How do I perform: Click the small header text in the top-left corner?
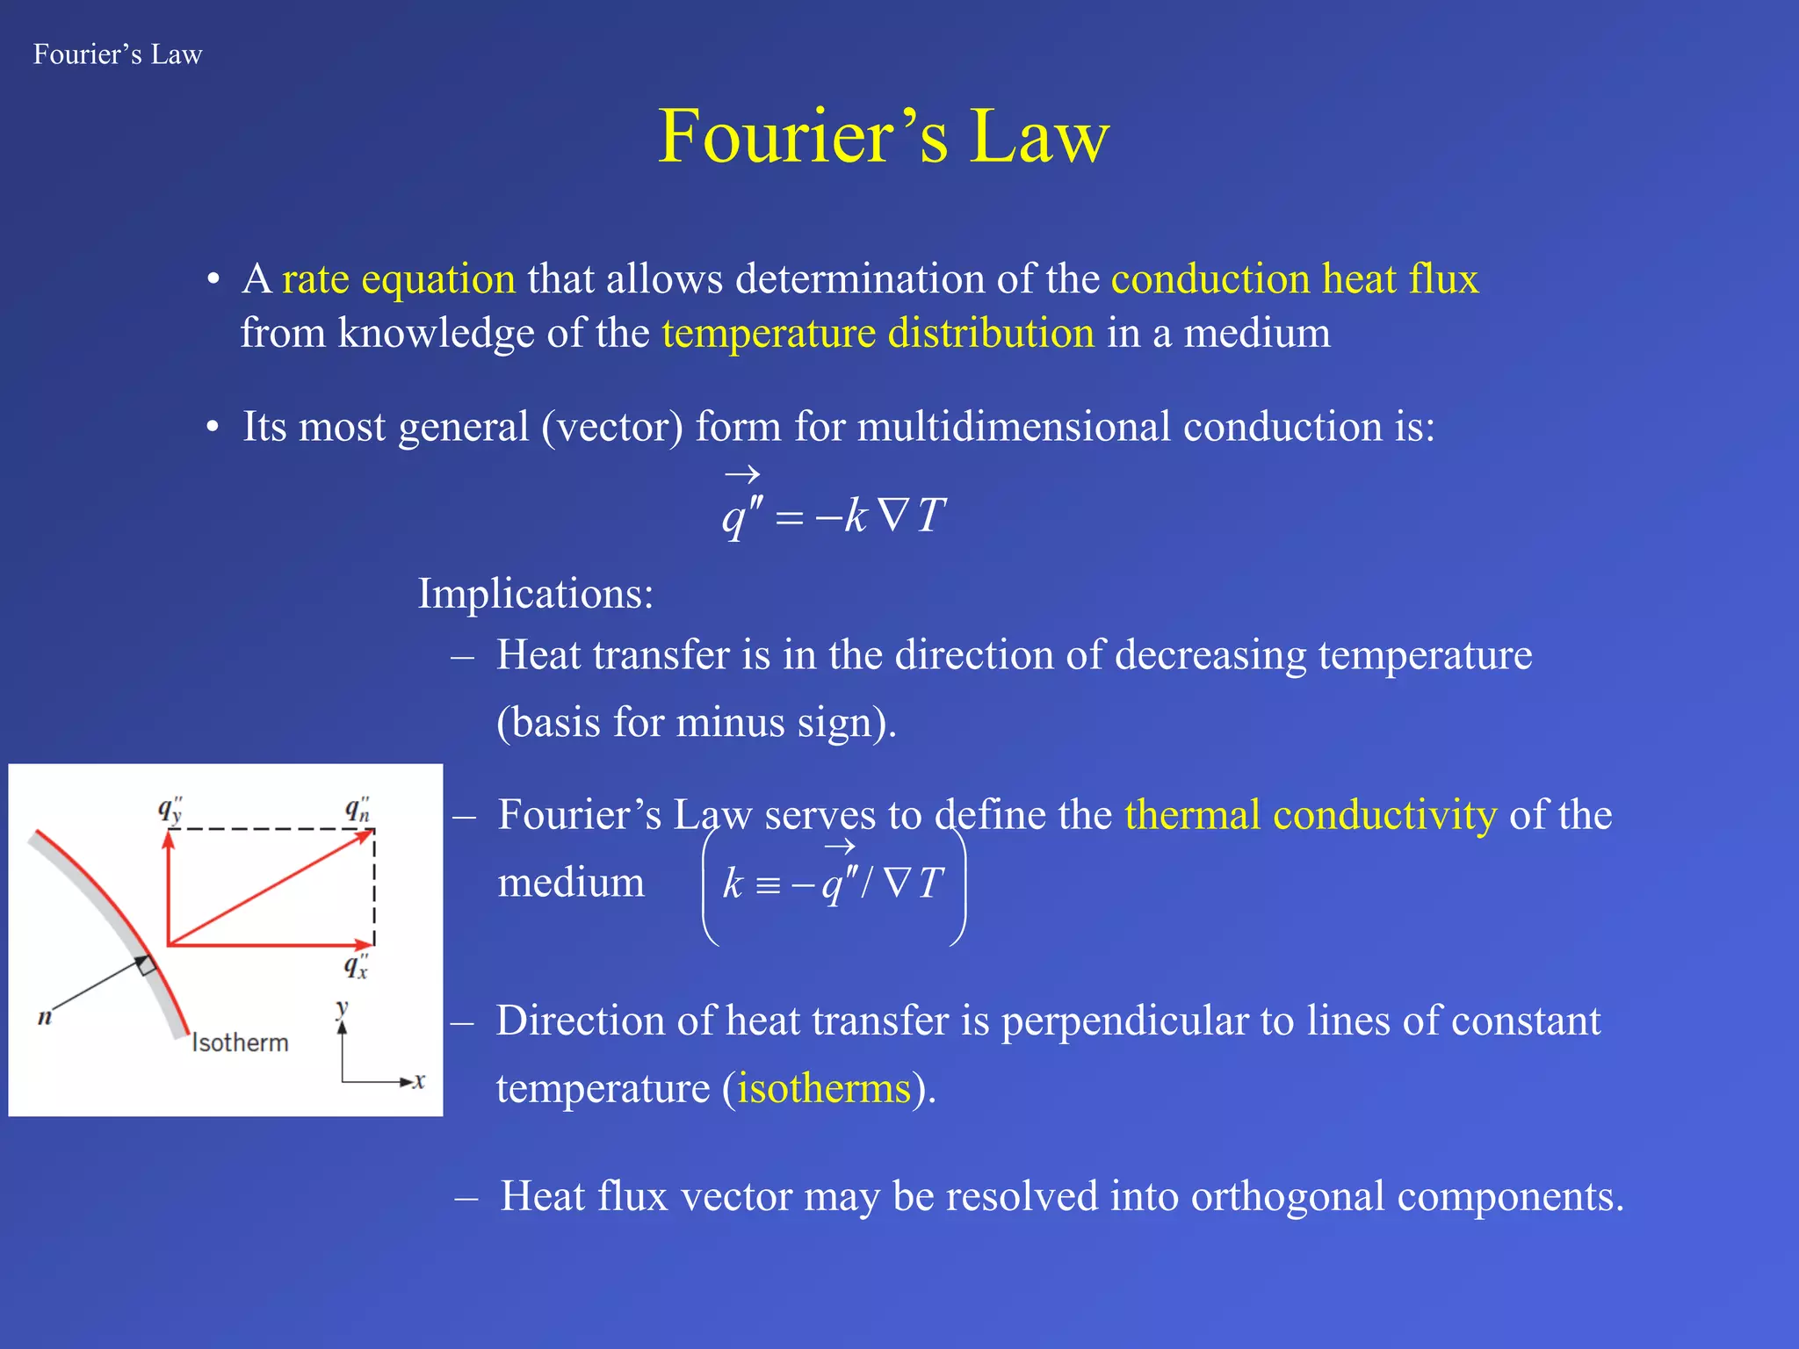tap(118, 54)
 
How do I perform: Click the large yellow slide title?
tap(884, 137)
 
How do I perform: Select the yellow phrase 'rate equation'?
tap(399, 279)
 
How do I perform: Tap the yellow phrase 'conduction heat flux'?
tap(1295, 279)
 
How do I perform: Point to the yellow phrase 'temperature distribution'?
tap(878, 334)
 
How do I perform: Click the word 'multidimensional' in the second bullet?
tap(1014, 427)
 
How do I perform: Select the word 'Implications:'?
tap(536, 594)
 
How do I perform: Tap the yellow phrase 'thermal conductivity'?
tap(1311, 815)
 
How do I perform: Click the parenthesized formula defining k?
tap(833, 884)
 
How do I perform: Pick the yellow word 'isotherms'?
tap(823, 1089)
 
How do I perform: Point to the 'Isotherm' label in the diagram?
tap(240, 1042)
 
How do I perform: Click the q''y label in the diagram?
tap(170, 810)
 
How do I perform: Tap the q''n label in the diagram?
tap(358, 810)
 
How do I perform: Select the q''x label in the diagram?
tap(356, 966)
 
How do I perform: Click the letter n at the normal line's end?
tap(45, 1018)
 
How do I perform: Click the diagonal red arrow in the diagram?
tap(271, 887)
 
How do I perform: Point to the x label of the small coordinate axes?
tap(420, 1081)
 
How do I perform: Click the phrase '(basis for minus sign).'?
tap(696, 724)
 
